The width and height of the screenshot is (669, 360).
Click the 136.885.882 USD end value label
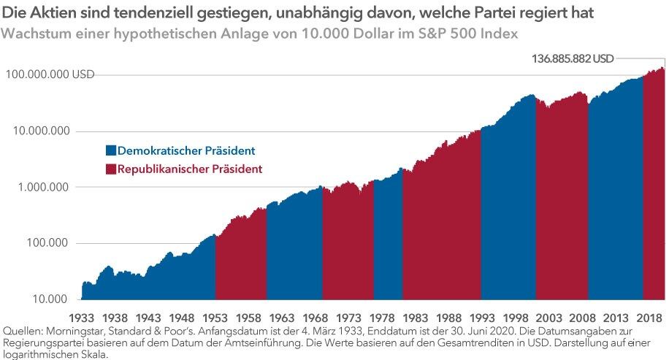click(573, 60)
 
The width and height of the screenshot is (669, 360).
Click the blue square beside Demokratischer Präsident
click(110, 151)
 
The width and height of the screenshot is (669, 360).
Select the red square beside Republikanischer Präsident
click(110, 169)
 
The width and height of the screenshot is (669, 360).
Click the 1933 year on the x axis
click(83, 319)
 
